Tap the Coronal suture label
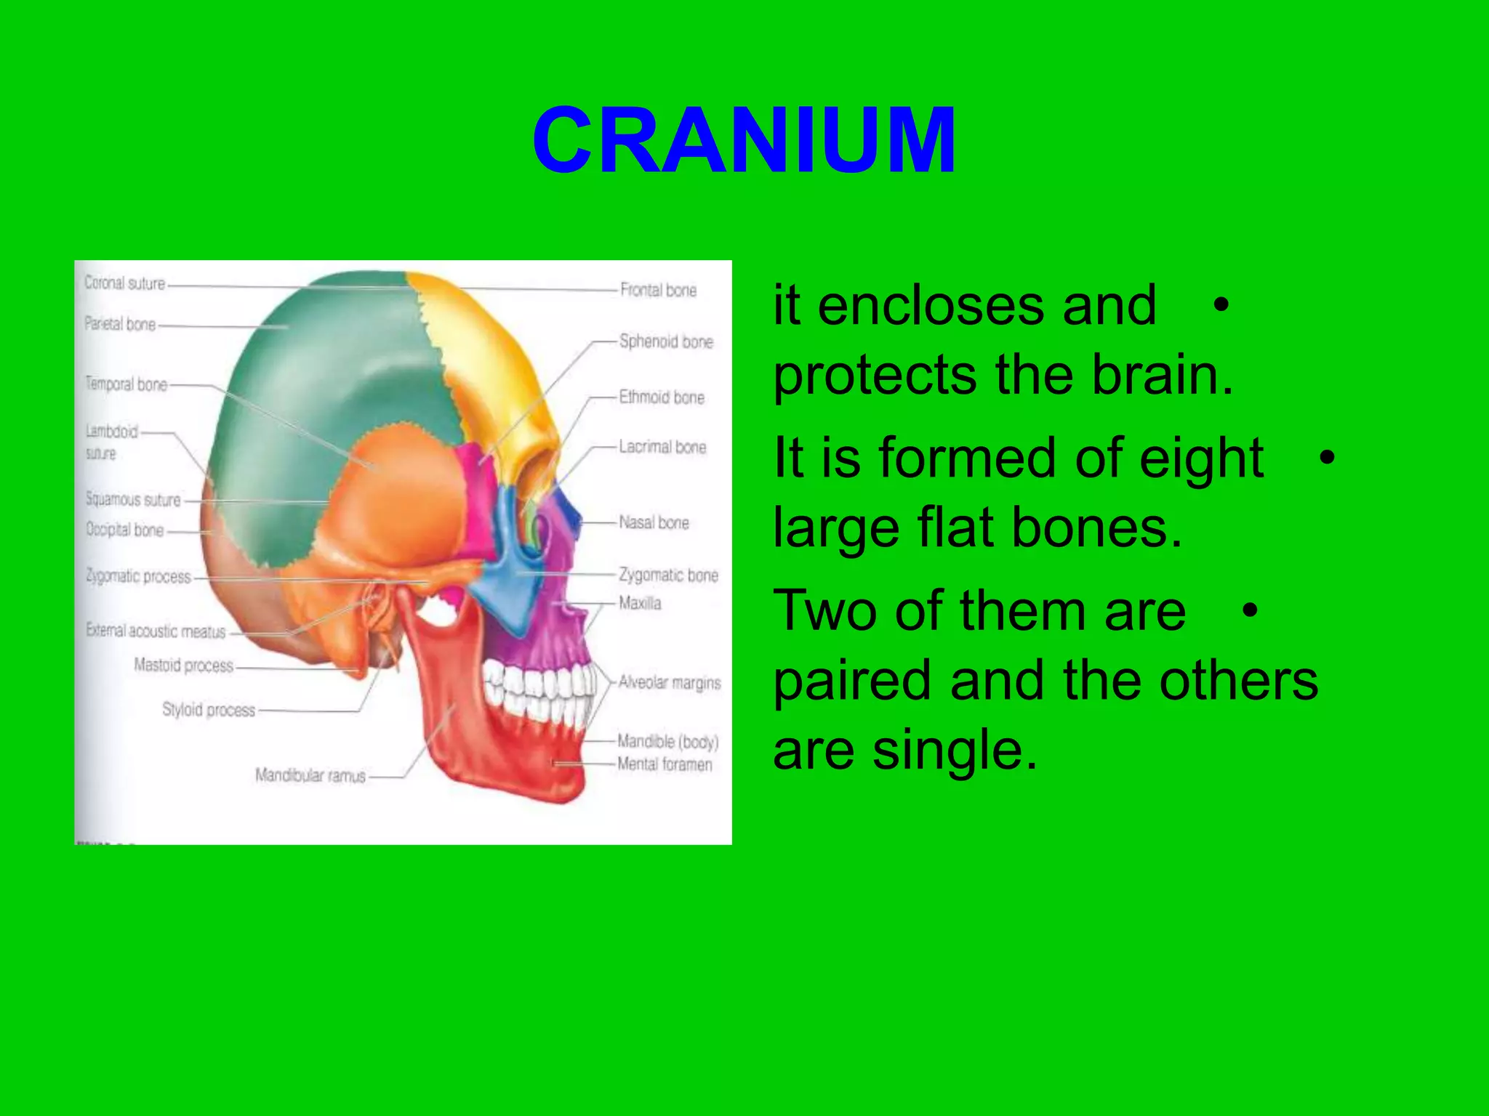[124, 283]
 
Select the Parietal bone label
[120, 324]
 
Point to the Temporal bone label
[126, 384]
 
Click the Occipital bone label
[124, 530]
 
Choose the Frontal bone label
[658, 290]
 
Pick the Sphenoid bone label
[666, 341]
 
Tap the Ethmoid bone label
[662, 397]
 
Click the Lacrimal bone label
[662, 447]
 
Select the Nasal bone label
[654, 522]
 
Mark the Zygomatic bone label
[668, 575]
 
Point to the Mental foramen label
[665, 764]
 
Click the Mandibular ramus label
[310, 776]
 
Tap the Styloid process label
[209, 710]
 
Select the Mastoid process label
[184, 666]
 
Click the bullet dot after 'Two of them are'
[1249, 610]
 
